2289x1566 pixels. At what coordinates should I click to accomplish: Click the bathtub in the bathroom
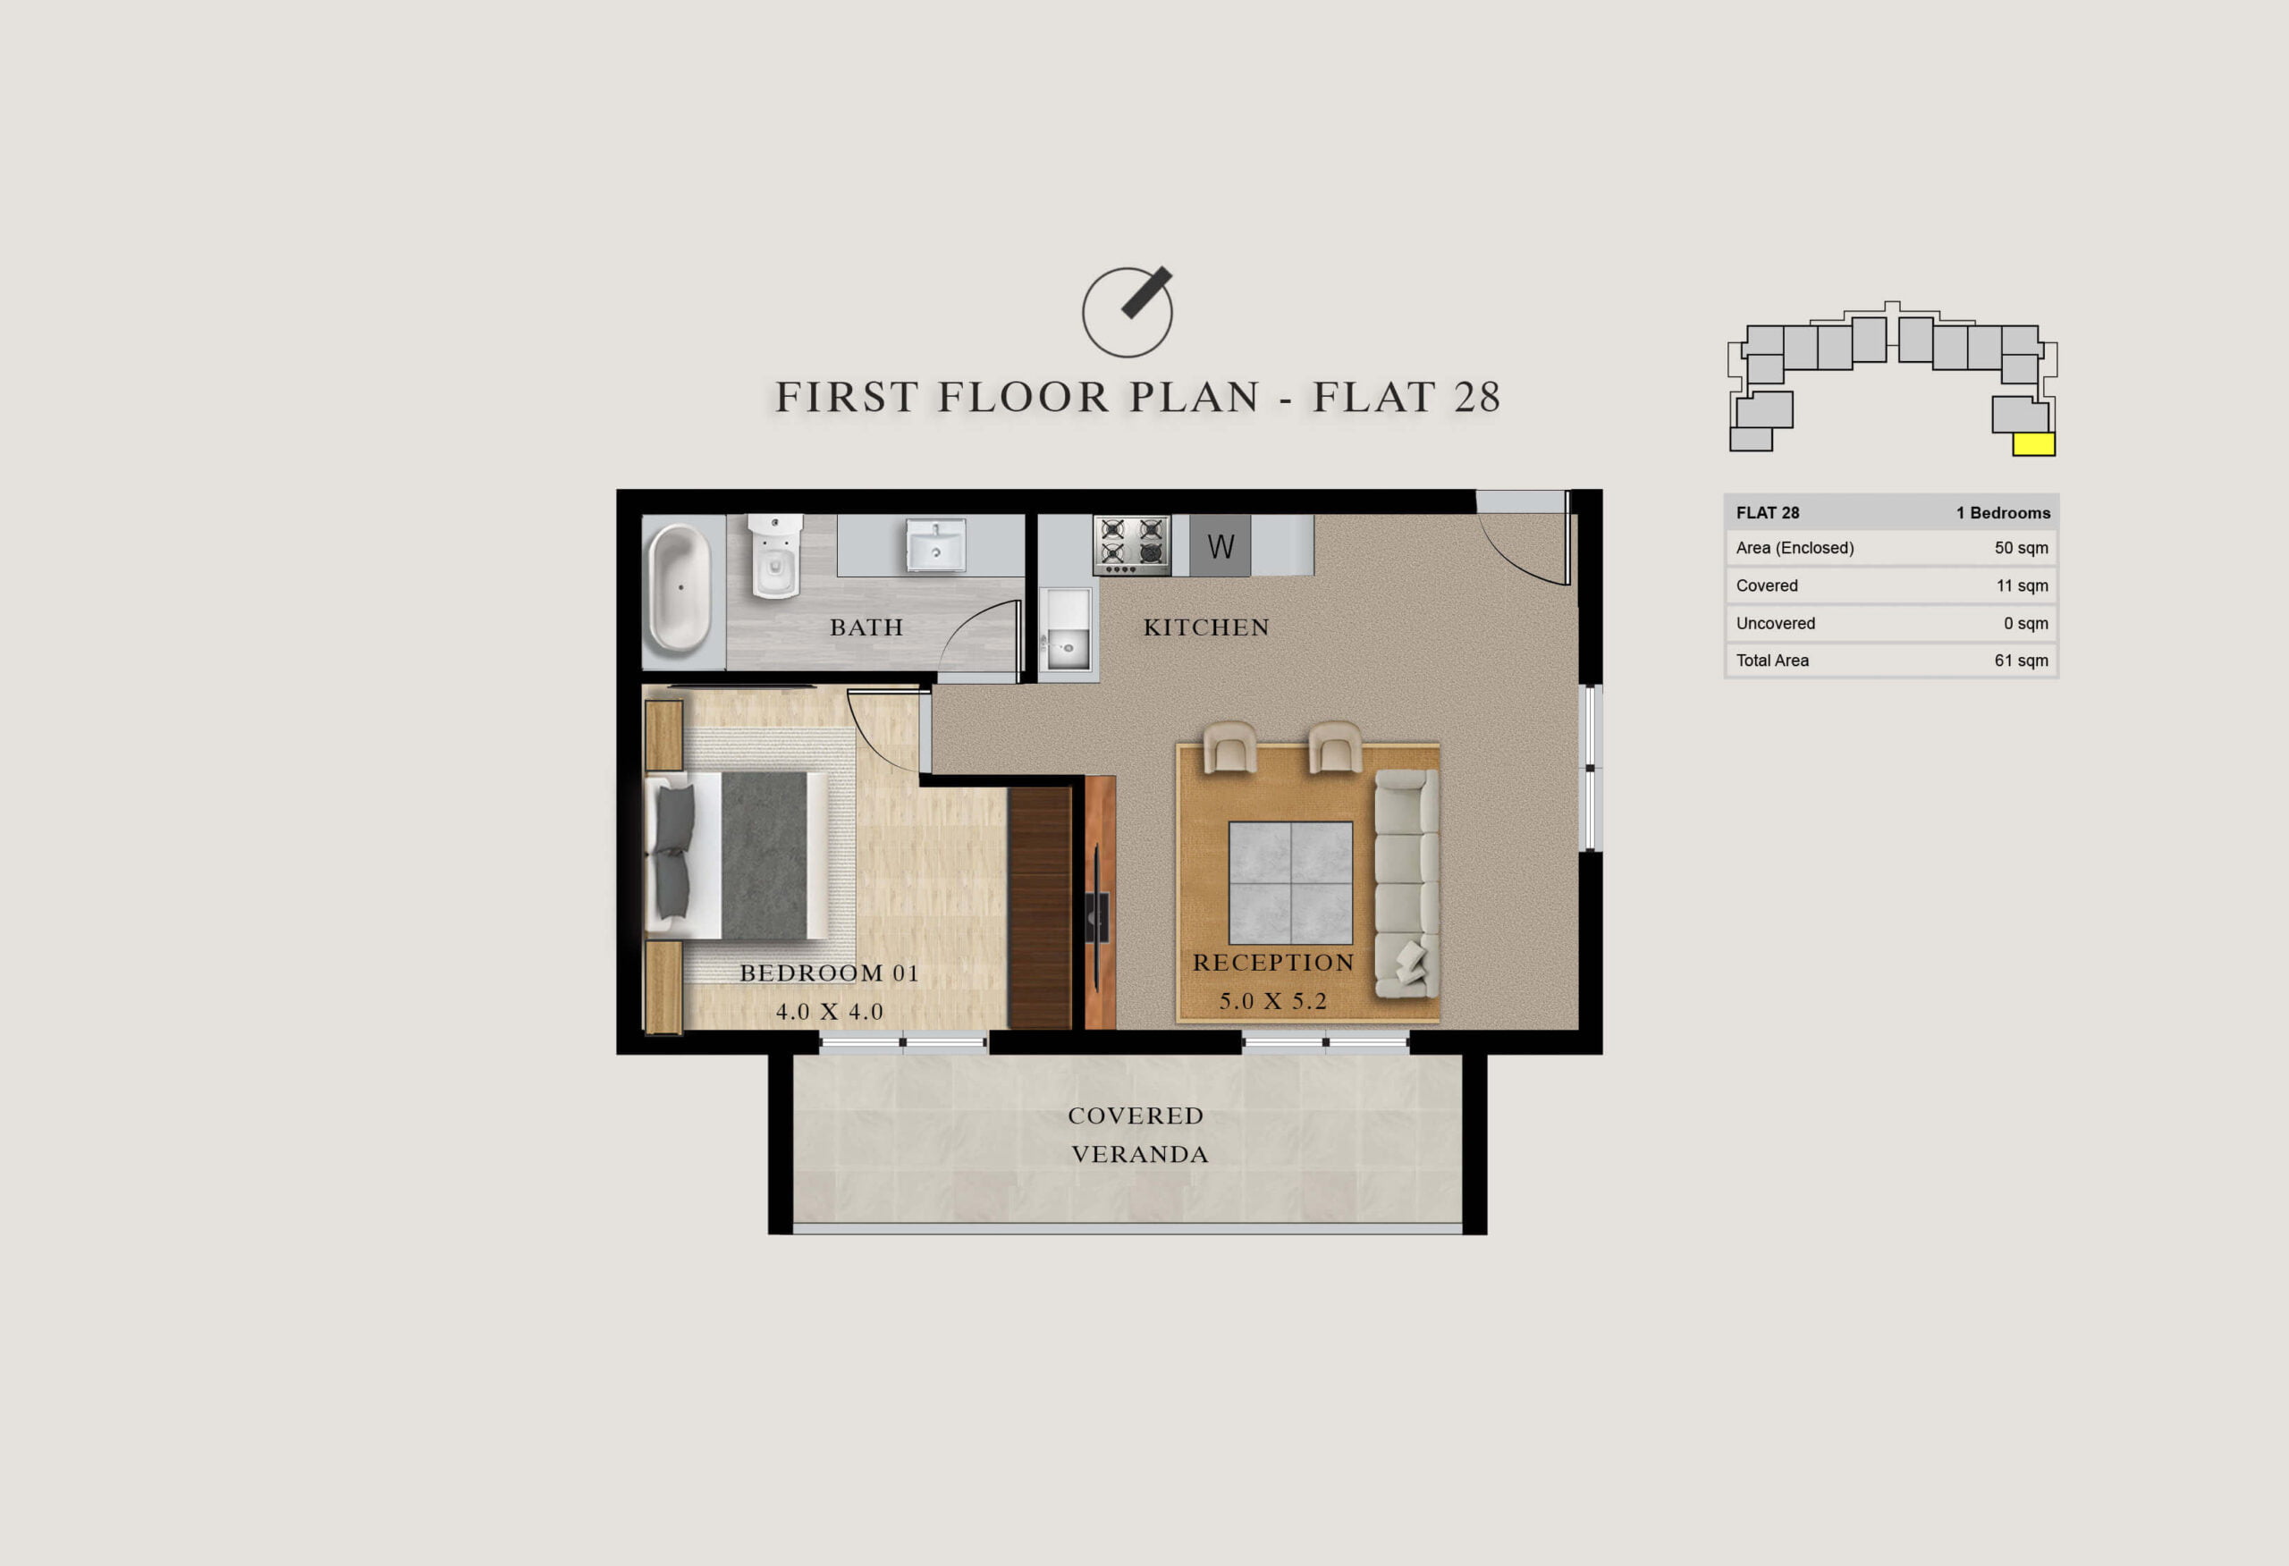pos(680,588)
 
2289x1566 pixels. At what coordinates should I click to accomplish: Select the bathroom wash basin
pos(934,544)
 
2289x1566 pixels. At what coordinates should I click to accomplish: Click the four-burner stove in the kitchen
pos(1132,544)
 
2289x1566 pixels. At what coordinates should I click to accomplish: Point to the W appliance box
pos(1221,545)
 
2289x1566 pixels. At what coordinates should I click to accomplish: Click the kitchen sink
pos(1067,632)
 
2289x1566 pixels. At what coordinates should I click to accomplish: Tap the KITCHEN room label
pos(1206,627)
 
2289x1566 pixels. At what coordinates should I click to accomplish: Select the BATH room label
pos(866,627)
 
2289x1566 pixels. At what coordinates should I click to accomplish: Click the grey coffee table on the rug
pos(1290,882)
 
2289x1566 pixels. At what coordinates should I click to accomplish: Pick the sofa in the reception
pos(1406,883)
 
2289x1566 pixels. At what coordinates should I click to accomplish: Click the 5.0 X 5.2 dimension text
pos(1273,1002)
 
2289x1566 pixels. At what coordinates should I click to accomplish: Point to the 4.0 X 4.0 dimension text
pos(830,1012)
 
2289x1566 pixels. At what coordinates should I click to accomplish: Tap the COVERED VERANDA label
pos(1138,1134)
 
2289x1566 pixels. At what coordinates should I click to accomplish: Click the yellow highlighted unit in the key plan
pos(2034,444)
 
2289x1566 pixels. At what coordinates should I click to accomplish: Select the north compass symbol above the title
pos(1128,311)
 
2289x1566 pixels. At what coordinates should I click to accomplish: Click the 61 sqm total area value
pos(2021,660)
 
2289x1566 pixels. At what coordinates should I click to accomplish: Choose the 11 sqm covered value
pos(2022,585)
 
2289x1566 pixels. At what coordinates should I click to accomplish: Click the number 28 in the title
pos(1477,397)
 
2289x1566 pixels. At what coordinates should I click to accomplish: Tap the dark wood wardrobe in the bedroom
pos(1040,908)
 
